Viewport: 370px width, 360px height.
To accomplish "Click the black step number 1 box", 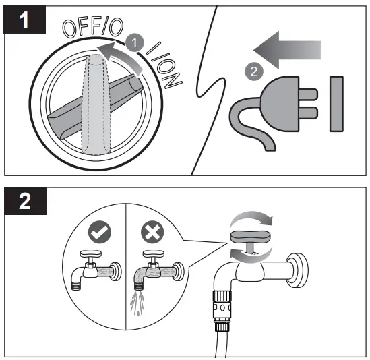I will click(x=24, y=20).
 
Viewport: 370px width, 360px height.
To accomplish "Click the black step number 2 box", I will click(x=24, y=200).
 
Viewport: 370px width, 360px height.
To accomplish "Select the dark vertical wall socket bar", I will click(x=336, y=103).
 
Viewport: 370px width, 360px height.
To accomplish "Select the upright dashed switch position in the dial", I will click(x=94, y=108).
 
